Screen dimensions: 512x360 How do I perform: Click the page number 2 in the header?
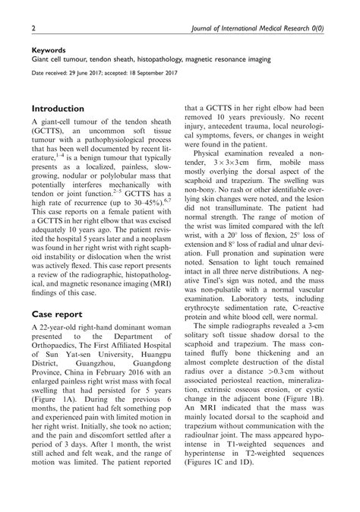(x=33, y=28)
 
